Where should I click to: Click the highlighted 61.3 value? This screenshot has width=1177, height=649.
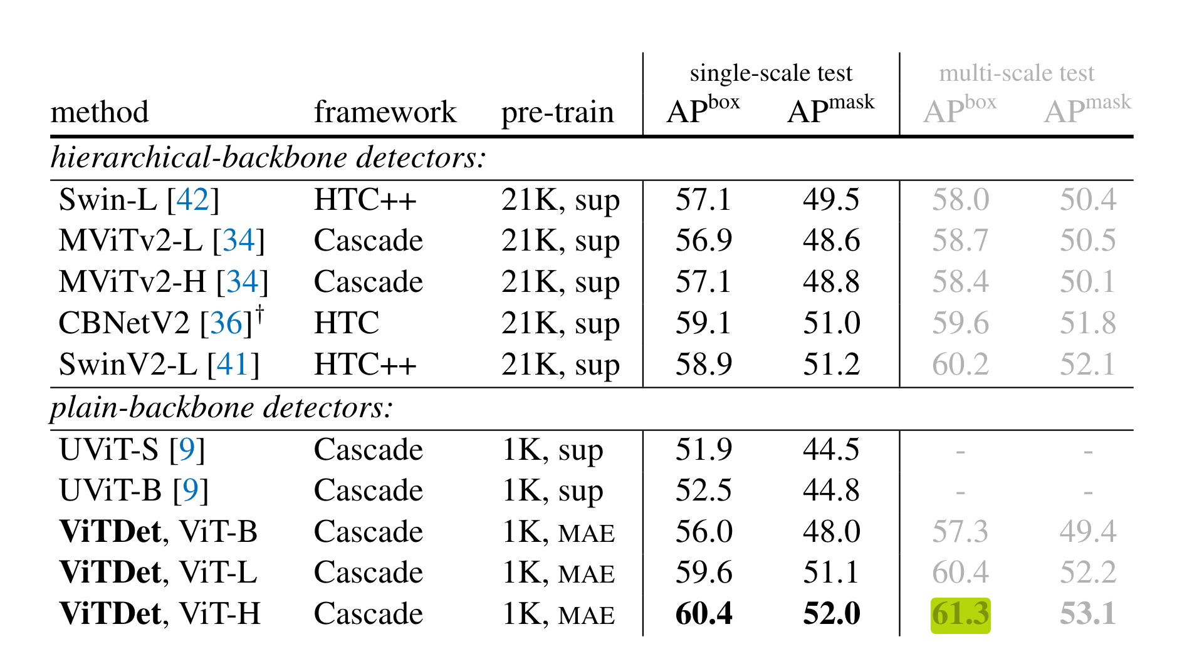tap(960, 615)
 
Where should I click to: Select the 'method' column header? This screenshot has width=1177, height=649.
tap(100, 113)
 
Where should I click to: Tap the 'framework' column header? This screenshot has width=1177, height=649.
tap(385, 113)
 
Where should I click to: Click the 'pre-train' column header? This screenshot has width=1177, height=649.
tap(557, 113)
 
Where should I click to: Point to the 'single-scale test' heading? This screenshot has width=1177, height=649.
tap(771, 73)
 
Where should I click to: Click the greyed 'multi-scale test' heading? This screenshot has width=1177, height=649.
tap(1017, 73)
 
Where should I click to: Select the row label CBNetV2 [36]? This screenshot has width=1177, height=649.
tap(160, 323)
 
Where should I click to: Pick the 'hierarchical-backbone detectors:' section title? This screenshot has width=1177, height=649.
tap(268, 158)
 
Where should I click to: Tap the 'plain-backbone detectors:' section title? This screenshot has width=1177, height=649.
tap(222, 408)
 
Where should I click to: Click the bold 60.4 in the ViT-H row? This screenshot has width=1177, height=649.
tap(704, 614)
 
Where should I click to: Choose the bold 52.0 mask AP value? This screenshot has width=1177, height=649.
tap(832, 614)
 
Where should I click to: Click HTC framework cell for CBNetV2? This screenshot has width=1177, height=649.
tap(347, 323)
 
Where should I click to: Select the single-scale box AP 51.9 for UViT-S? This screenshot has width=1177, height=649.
tap(704, 450)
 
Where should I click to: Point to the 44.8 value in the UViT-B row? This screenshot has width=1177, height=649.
tap(832, 491)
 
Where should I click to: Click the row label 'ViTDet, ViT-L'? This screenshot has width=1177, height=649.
tap(159, 573)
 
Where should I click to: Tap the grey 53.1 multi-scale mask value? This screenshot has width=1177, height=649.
tap(1088, 614)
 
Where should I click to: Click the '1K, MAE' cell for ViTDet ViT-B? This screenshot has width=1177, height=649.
tap(558, 532)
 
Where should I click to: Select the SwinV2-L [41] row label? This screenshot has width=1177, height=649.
tap(159, 365)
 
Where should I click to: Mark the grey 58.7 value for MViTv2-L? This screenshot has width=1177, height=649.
tap(960, 241)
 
